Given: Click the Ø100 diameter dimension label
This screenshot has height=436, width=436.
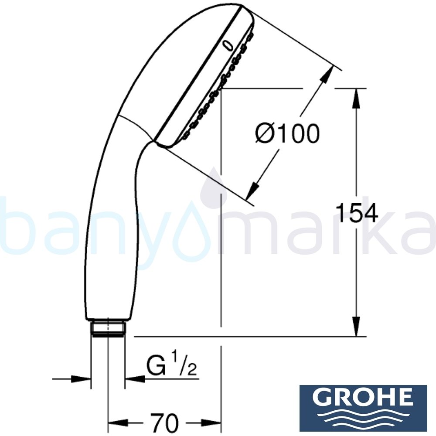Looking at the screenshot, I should click(287, 134).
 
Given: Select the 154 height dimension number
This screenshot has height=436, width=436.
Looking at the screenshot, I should click(357, 213).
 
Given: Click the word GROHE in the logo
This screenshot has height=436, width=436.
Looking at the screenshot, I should click(363, 398).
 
